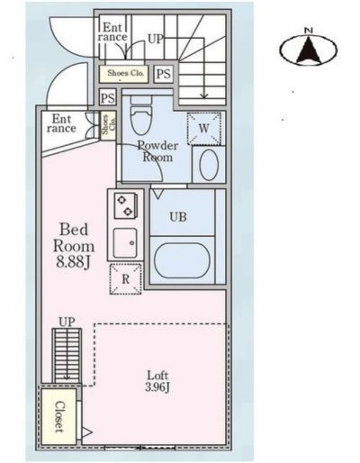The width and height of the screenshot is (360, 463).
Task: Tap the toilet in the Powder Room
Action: click(141, 115)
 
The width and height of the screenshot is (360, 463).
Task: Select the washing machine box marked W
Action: click(204, 129)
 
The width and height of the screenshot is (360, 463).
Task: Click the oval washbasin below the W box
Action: click(209, 165)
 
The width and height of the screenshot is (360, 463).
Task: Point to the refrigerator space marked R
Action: click(125, 279)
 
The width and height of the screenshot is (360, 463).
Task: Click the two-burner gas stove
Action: click(126, 205)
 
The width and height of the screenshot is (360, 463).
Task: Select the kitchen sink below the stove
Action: click(125, 242)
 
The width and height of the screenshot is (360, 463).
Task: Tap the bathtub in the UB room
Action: click(182, 260)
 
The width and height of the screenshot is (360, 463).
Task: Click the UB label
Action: click(178, 217)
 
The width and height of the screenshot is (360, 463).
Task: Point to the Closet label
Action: click(59, 416)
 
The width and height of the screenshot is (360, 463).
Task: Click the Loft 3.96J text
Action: click(157, 381)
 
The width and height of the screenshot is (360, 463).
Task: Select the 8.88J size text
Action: click(74, 262)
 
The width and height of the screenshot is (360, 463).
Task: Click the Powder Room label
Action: click(157, 151)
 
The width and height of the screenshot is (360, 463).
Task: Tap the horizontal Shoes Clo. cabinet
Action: click(124, 74)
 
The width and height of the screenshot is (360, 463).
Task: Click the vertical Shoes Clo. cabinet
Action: click(108, 126)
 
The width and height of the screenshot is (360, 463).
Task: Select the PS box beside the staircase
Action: click(164, 74)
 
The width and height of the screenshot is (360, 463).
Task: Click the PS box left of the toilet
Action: click(108, 97)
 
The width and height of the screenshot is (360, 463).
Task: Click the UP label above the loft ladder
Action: click(67, 322)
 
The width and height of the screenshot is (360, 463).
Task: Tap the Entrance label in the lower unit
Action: click(61, 123)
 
